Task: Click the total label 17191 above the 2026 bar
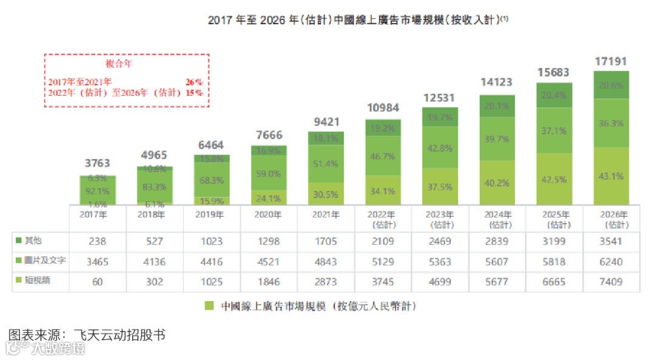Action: [x=611, y=61]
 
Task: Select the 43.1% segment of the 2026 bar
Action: [x=611, y=176]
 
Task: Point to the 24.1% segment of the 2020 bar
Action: [x=269, y=198]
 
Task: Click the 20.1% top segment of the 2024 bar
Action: [x=497, y=107]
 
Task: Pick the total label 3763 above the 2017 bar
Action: [x=98, y=163]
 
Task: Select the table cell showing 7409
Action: [x=611, y=281]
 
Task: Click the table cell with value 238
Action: [x=98, y=241]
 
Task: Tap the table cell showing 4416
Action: [x=211, y=262]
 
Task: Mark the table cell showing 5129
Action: [x=383, y=262]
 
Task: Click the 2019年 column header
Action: [x=211, y=215]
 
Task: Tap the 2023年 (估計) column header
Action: [x=440, y=219]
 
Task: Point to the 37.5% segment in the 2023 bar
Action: [x=440, y=187]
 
